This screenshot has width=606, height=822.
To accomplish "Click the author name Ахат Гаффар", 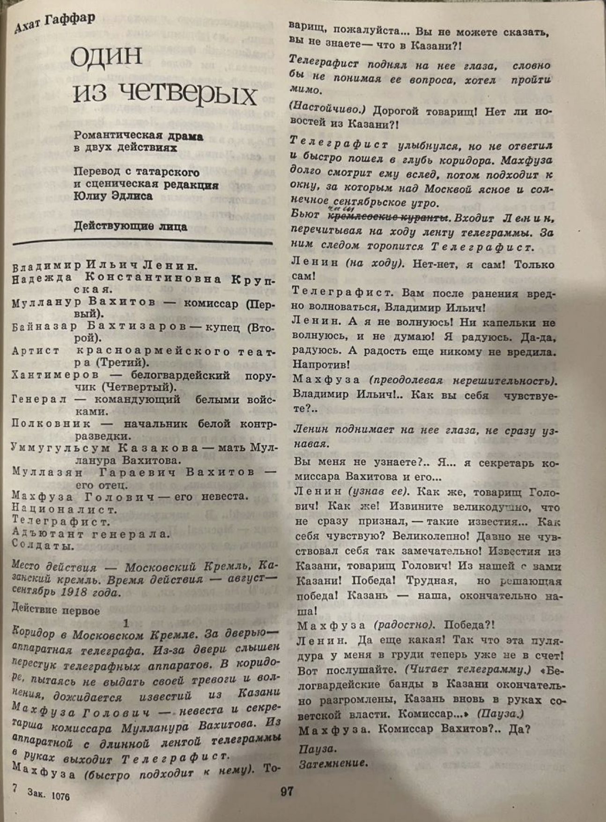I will [54, 22].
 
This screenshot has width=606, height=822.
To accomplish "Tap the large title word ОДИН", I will [106, 56].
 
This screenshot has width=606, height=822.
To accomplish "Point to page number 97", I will [287, 792].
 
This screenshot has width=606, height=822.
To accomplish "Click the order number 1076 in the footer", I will [60, 795].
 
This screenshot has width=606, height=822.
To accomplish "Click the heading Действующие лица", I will [130, 227].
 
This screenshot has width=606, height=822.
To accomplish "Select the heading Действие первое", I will [55, 610].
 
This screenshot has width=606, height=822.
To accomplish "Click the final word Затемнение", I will [333, 763].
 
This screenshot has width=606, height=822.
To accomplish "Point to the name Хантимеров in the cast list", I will [55, 375].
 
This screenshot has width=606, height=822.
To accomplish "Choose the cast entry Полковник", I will [51, 424].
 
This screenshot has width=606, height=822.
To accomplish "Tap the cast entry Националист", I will [63, 509].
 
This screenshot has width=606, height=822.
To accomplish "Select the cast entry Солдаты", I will [43, 545].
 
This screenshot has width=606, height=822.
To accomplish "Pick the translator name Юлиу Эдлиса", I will [113, 197].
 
